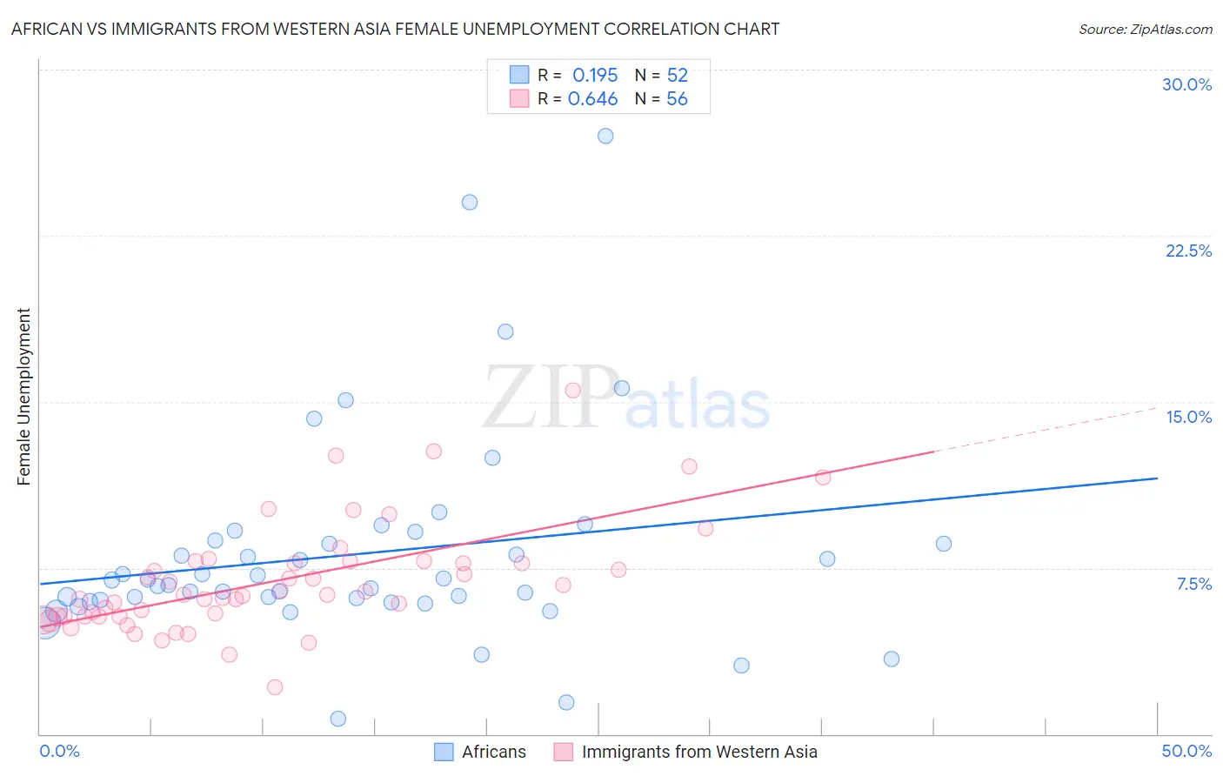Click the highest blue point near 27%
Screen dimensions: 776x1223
pos(605,136)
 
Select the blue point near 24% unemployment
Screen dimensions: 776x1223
pos(470,203)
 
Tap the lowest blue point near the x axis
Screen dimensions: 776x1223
pos(338,719)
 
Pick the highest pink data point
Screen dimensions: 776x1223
pos(572,391)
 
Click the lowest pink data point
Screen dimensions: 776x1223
pos(275,687)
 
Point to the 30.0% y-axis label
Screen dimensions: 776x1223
pos(1186,84)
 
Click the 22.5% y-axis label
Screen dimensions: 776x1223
pos(1188,251)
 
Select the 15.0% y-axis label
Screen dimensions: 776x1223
pos(1188,417)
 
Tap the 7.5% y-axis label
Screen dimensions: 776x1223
pos(1193,584)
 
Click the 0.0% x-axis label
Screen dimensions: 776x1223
pos(59,751)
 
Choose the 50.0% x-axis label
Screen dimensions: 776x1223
pos(1186,751)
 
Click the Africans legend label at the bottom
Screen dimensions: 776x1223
pos(493,752)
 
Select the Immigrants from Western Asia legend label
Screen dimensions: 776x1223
pos(699,752)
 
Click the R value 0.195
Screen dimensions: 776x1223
pos(595,76)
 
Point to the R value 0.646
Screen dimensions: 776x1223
pos(592,99)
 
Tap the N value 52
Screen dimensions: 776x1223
pos(677,76)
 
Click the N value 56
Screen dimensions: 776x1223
pos(677,99)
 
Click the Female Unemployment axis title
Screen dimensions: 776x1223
pos(23,397)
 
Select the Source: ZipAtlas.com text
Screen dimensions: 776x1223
pos(1145,30)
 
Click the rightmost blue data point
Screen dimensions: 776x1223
pos(944,544)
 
